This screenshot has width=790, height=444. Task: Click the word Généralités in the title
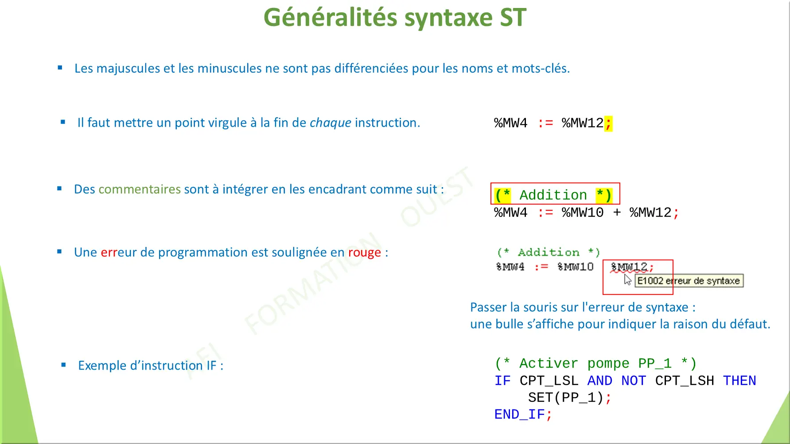tap(330, 18)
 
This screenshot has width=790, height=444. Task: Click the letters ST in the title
tap(513, 18)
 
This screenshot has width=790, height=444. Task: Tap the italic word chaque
tap(330, 123)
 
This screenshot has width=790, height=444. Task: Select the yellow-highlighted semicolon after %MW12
tap(608, 123)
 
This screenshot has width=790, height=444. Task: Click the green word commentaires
tap(140, 189)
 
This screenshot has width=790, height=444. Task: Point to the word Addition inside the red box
tap(553, 195)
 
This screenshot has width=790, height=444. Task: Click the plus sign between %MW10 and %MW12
tap(617, 212)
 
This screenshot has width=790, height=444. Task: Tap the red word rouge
tap(364, 252)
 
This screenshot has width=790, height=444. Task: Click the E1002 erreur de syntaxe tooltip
tap(689, 281)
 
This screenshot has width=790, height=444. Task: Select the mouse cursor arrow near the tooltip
tap(627, 279)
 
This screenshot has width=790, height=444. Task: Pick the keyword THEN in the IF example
tap(739, 381)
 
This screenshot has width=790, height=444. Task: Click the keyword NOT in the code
tap(633, 381)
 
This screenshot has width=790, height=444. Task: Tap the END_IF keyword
tap(519, 414)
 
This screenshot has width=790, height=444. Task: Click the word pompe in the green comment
tap(608, 363)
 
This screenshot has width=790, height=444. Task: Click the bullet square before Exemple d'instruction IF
tap(63, 365)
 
